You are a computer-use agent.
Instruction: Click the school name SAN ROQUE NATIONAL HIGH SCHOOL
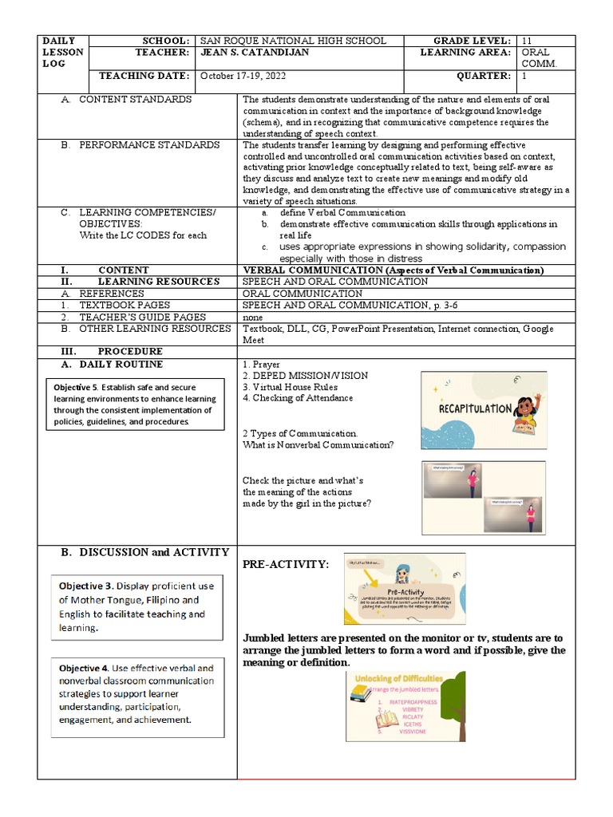(x=292, y=41)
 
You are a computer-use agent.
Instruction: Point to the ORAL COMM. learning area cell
(x=545, y=57)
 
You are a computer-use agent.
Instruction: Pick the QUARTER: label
(x=483, y=76)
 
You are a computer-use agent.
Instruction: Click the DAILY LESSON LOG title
(x=63, y=52)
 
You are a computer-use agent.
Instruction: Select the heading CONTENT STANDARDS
(x=135, y=100)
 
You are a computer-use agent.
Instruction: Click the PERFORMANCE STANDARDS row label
(x=149, y=145)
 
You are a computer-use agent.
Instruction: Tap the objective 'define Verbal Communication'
(x=342, y=213)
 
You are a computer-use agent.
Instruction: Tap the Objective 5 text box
(x=135, y=405)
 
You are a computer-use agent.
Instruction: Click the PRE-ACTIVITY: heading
(x=284, y=565)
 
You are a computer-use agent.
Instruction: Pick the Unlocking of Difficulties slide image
(x=405, y=706)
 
